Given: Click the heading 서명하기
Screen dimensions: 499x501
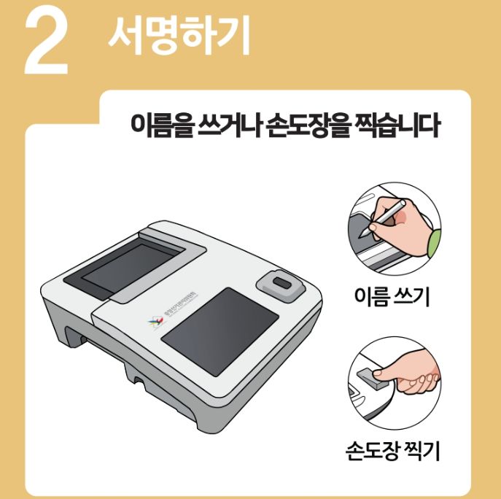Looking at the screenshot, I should (179, 34).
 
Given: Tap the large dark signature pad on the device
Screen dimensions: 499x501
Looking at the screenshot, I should (220, 331).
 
